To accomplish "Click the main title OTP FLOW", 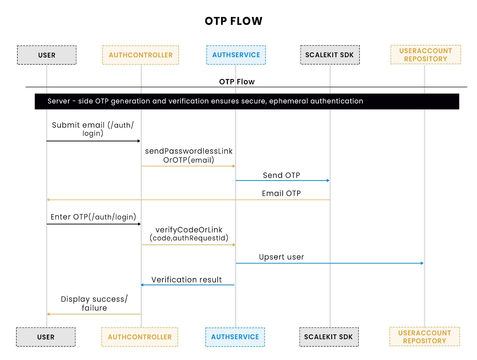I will click(233, 21).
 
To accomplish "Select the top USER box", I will click(47, 55).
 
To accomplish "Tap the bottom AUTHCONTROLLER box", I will click(140, 337).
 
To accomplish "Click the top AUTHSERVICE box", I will click(236, 55).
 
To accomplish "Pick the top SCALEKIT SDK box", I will click(330, 55).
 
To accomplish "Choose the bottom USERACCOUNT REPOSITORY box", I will click(424, 337).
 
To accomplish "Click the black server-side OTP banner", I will click(247, 101).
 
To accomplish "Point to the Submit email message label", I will click(93, 129).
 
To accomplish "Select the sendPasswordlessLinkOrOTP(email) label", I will click(188, 155).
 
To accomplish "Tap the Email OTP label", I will click(281, 194).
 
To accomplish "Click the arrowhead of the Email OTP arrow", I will click(48, 200).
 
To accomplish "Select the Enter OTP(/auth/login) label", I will click(93, 217).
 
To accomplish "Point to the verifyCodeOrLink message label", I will click(189, 234).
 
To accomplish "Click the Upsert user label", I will click(281, 257).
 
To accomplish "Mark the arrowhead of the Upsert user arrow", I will click(422, 263).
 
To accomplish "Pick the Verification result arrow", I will click(188, 285).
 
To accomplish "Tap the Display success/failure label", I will click(94, 303).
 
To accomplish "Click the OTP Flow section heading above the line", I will click(237, 82).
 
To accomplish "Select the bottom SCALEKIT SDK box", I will click(329, 337).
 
